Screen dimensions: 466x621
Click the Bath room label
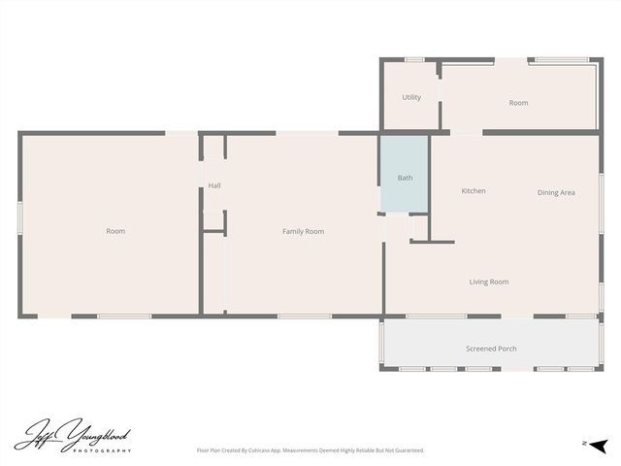(x=405, y=178)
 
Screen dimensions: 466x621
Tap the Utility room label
(x=411, y=97)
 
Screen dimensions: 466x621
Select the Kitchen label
(x=474, y=191)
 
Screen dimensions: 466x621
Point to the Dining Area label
(x=556, y=192)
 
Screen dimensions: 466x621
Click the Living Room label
(x=489, y=282)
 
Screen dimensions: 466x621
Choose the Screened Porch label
(x=491, y=348)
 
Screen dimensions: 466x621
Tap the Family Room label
(x=303, y=231)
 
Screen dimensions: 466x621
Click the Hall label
(x=213, y=185)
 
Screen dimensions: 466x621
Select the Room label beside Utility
(x=518, y=103)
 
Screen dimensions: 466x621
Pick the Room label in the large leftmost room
(x=115, y=231)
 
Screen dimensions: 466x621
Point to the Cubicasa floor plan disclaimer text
(x=310, y=450)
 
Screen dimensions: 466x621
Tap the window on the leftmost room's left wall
(x=19, y=217)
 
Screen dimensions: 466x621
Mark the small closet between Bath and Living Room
(x=419, y=227)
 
